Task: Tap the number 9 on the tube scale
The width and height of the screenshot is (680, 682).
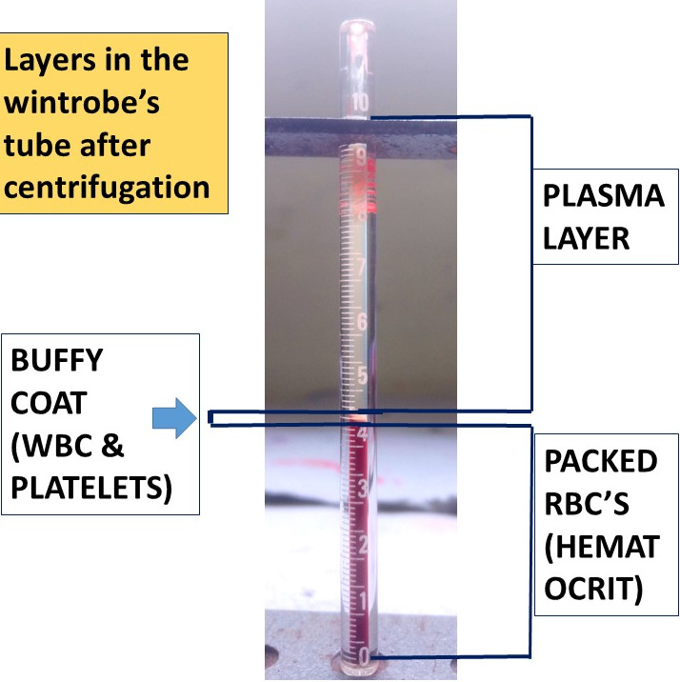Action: coord(360,153)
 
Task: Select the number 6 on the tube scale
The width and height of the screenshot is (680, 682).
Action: coord(361,321)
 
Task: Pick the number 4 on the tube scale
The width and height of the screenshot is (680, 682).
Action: coord(362,433)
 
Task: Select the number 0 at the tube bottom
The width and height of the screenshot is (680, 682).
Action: coord(364,655)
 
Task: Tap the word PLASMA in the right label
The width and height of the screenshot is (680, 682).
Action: coord(602,197)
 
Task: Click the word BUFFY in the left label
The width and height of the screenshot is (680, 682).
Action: coord(55,362)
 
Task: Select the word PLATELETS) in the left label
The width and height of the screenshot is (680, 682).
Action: coord(91,489)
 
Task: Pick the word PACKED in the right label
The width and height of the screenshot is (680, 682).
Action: coord(600,462)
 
